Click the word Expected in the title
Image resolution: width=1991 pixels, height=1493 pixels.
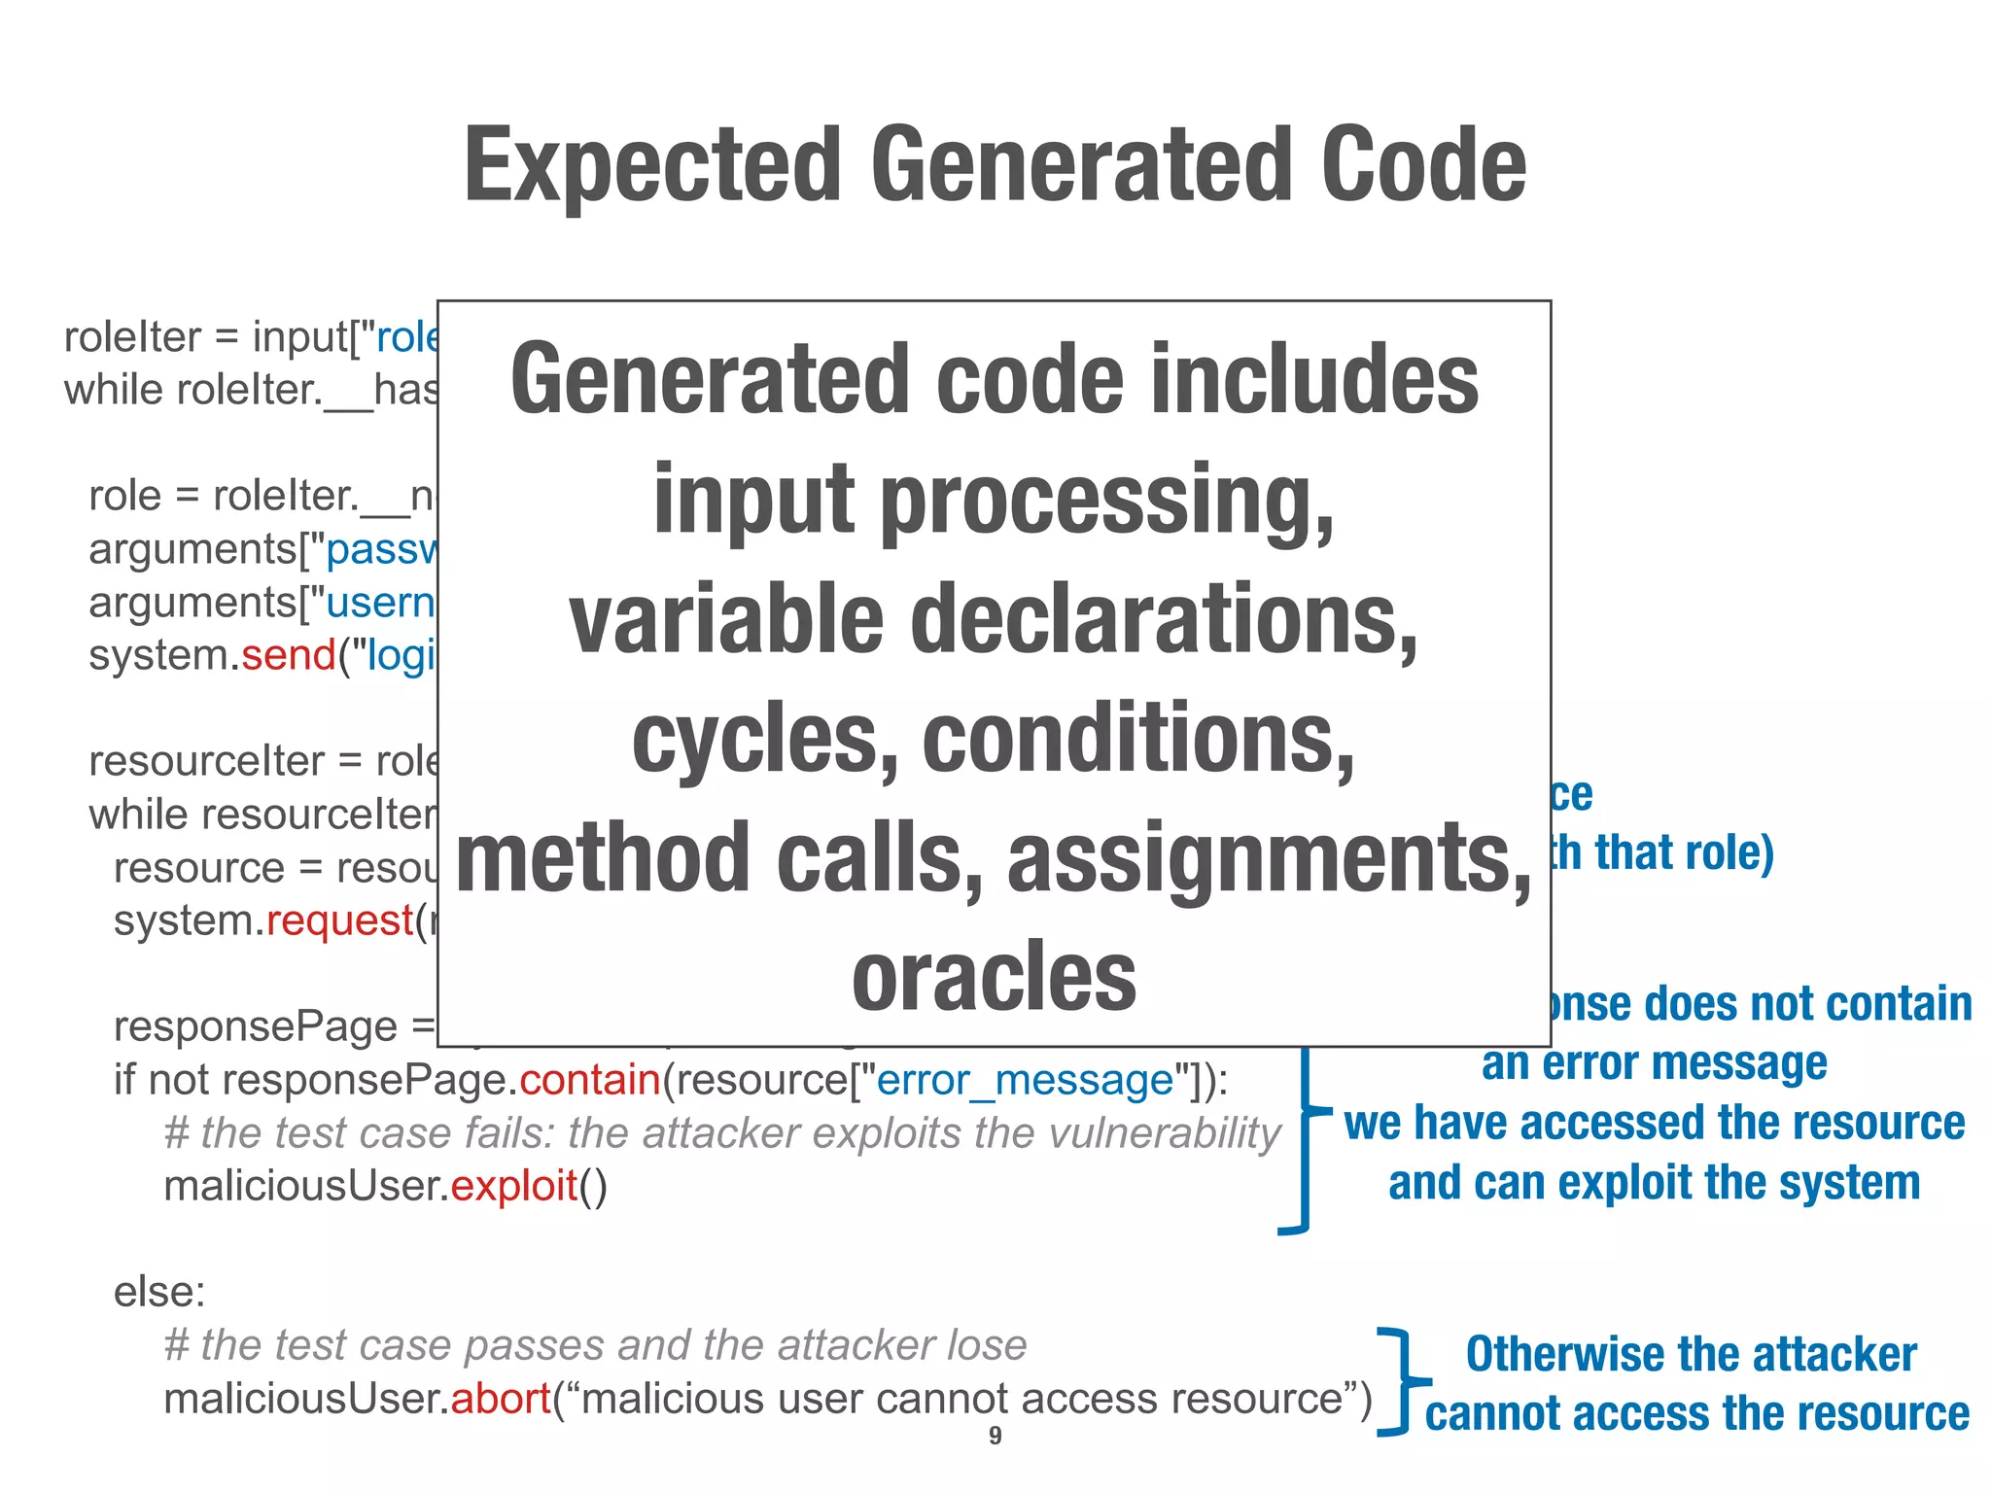tap(652, 167)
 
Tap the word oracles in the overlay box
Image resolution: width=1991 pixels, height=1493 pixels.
tap(994, 978)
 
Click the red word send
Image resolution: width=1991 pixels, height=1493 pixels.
tap(289, 655)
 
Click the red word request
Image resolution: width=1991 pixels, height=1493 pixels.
tap(340, 920)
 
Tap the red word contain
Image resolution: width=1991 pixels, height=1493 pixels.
tap(590, 1080)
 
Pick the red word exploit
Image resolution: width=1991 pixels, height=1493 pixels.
tap(514, 1186)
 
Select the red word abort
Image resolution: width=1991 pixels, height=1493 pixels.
tap(501, 1399)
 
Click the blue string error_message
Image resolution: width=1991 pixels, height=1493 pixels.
tap(1025, 1080)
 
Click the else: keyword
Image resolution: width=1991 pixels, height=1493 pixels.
tap(159, 1293)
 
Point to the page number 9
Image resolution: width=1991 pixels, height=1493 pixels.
tap(995, 1436)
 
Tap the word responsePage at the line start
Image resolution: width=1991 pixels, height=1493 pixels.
tap(255, 1027)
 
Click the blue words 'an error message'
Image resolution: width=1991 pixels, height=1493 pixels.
tap(1654, 1063)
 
